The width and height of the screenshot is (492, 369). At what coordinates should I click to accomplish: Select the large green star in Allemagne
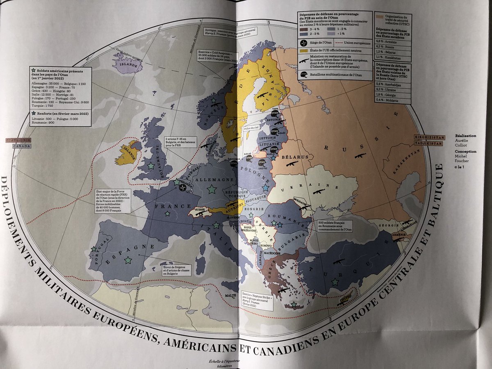pos(212,189)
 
